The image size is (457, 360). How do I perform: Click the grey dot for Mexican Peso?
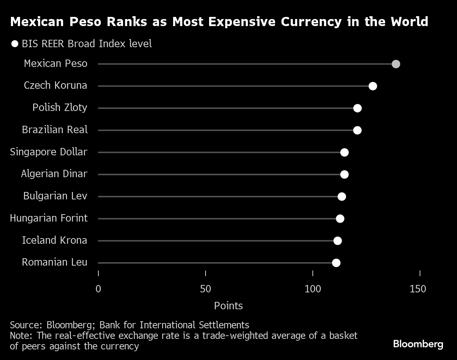point(396,64)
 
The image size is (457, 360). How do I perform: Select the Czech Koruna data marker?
point(373,86)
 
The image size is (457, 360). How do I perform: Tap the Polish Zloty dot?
point(357,108)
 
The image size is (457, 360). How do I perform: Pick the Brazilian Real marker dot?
point(357,130)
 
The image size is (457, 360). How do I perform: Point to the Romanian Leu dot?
point(336,263)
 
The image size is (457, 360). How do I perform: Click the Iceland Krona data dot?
point(337,241)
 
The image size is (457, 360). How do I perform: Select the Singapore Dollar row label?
point(49,152)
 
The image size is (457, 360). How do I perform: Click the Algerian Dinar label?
point(54,174)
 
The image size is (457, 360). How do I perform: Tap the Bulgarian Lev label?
point(55,196)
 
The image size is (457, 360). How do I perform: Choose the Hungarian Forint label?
point(49,218)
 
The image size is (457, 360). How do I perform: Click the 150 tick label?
point(418,289)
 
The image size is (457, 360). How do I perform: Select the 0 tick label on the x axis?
point(98,289)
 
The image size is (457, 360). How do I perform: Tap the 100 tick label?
point(312,289)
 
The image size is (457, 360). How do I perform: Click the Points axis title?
point(228,306)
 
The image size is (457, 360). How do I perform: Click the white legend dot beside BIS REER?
point(15,44)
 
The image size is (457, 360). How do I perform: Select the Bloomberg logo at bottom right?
point(418,343)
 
